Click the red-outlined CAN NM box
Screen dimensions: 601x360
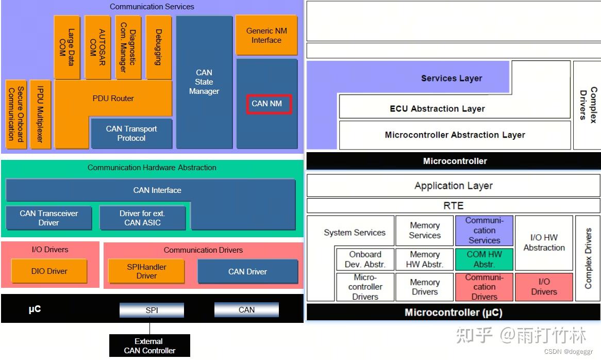[x=269, y=104]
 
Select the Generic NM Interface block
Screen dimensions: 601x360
[x=266, y=35]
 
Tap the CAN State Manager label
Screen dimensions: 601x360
[x=204, y=81]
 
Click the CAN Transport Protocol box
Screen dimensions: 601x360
[x=131, y=134]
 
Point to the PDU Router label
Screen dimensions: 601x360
[x=113, y=99]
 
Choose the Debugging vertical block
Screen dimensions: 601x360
[x=159, y=47]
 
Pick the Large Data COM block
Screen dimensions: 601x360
[x=66, y=47]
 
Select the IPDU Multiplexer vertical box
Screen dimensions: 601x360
[x=40, y=114]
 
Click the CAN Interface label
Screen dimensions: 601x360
[x=157, y=190]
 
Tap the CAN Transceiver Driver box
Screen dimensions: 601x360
[x=48, y=218]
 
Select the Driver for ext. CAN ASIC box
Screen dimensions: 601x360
[x=142, y=218]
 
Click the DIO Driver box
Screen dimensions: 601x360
[x=49, y=271]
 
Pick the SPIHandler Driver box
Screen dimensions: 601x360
[x=146, y=271]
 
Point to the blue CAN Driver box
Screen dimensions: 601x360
[x=247, y=271]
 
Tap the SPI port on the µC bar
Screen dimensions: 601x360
[x=152, y=310]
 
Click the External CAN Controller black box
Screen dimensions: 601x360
[x=149, y=346]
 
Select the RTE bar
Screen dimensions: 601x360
[x=454, y=206]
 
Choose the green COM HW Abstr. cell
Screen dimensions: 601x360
[x=484, y=259]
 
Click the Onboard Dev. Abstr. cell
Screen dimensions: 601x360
[x=365, y=259]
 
